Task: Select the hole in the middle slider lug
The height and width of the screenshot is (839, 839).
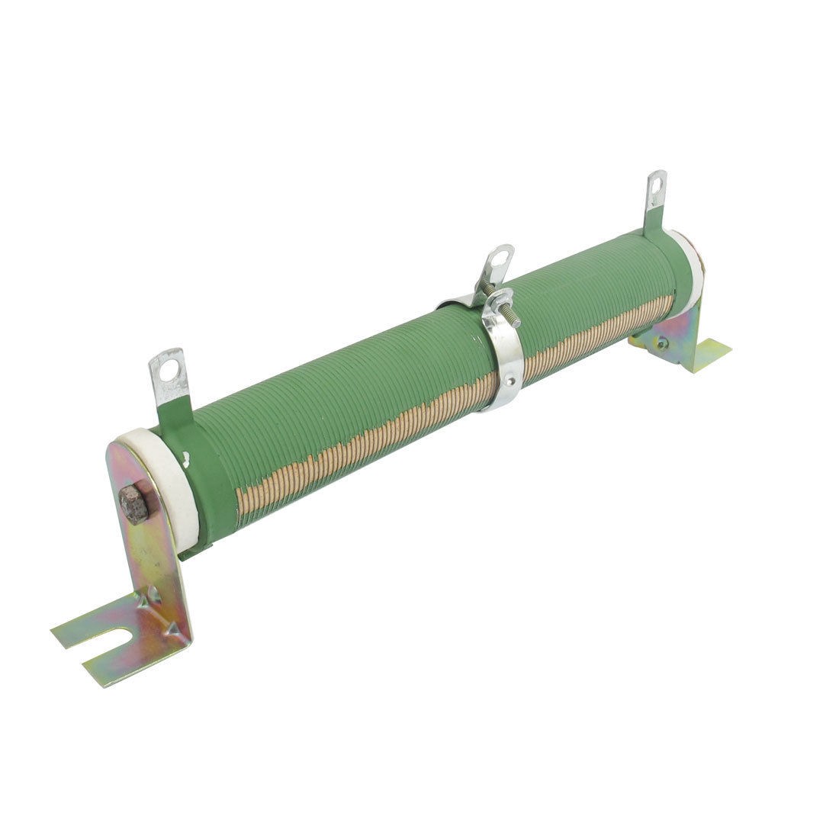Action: pyautogui.click(x=498, y=259)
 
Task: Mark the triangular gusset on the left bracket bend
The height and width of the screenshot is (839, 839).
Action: pyautogui.click(x=172, y=625)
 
